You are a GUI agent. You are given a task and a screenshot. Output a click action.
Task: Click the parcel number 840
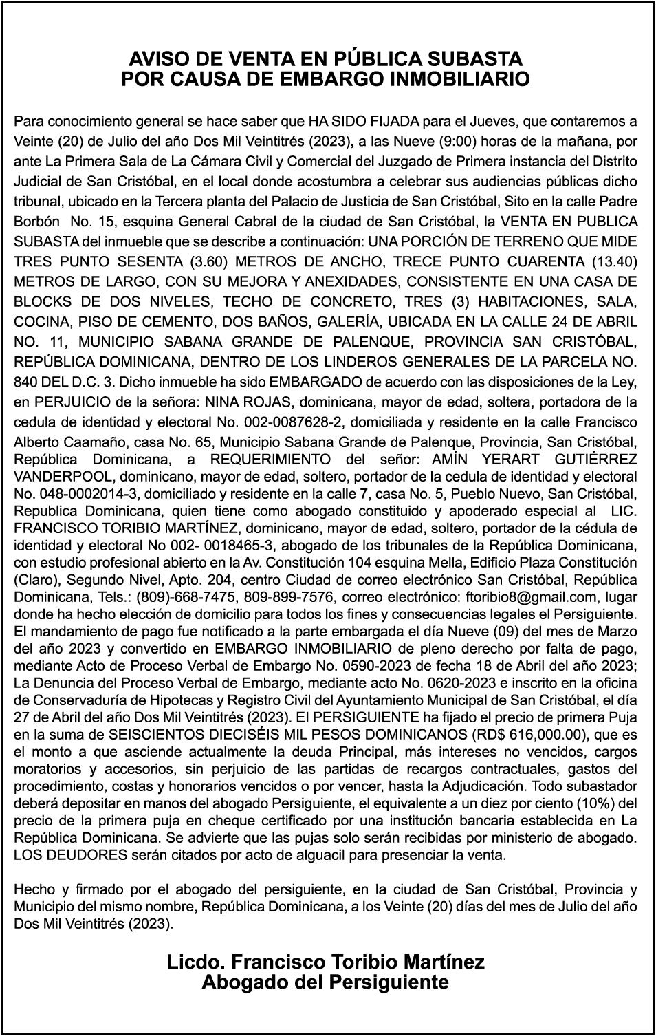[x=26, y=381]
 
